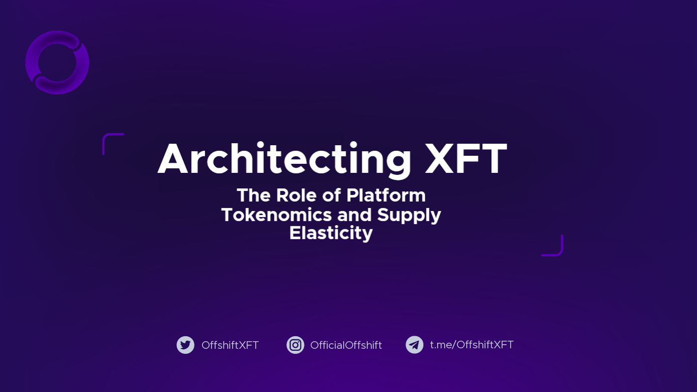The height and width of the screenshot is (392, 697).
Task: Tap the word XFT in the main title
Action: tap(466, 159)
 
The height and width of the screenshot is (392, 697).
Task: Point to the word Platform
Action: tap(386, 195)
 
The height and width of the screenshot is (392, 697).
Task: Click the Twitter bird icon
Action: tap(185, 345)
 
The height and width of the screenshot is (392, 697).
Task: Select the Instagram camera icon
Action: tap(295, 345)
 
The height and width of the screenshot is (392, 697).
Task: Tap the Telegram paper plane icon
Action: tap(415, 345)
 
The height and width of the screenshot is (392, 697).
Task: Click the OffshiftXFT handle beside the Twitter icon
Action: tap(230, 345)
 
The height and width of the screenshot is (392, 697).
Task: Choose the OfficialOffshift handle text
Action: tap(346, 345)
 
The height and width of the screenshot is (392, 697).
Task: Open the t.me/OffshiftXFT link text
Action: tap(472, 345)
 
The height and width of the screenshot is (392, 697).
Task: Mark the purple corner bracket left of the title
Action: tap(107, 136)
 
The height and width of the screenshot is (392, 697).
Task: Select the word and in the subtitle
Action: tap(354, 215)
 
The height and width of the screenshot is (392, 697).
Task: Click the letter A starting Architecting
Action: tap(173, 159)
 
